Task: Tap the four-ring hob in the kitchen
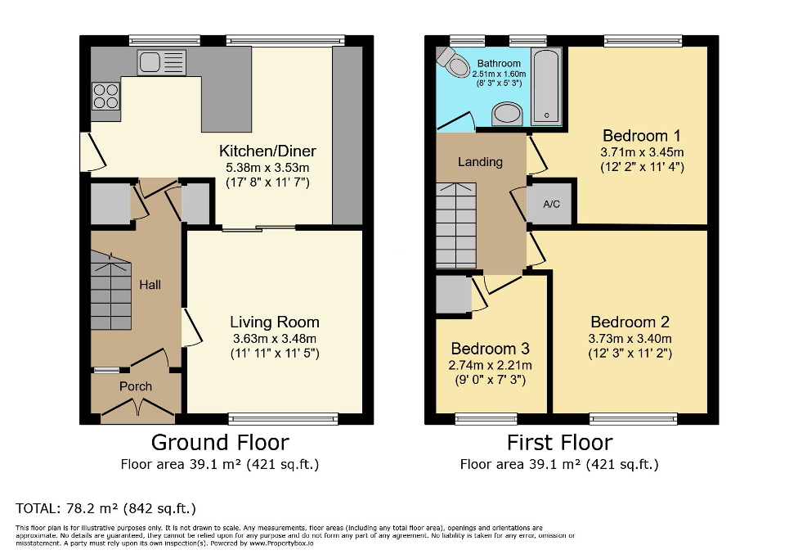[105, 97]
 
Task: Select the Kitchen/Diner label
[267, 151]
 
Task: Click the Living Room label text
[274, 322]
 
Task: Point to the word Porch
[136, 386]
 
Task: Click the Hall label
[150, 285]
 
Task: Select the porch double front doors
[136, 408]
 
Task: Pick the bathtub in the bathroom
[546, 84]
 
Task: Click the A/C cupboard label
[551, 204]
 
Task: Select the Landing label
[480, 162]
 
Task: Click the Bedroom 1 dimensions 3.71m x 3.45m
[642, 152]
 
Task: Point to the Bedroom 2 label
[623, 322]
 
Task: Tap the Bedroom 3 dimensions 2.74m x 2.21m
[491, 365]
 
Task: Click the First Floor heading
[559, 443]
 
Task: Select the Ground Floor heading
[220, 443]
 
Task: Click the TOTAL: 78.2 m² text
[105, 507]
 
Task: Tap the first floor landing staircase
[456, 224]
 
